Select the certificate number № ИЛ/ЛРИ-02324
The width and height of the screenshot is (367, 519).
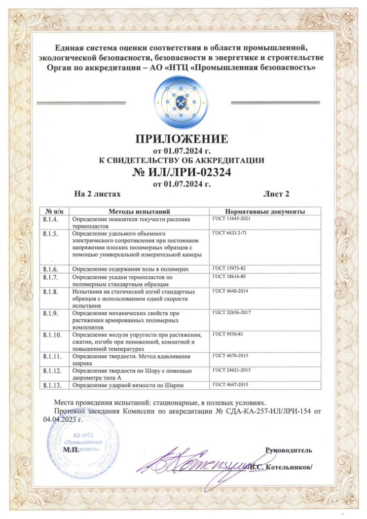[x=183, y=172]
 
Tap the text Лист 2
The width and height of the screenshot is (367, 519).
[x=276, y=194]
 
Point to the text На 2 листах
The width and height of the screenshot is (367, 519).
[x=97, y=194]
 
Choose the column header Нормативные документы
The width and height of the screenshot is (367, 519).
[x=265, y=211]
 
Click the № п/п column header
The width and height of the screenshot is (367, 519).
[x=54, y=211]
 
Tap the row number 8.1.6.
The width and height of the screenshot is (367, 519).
[x=52, y=269]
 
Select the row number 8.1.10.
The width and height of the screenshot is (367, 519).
[x=53, y=336]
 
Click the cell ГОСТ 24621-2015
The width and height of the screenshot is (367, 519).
[x=232, y=370]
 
